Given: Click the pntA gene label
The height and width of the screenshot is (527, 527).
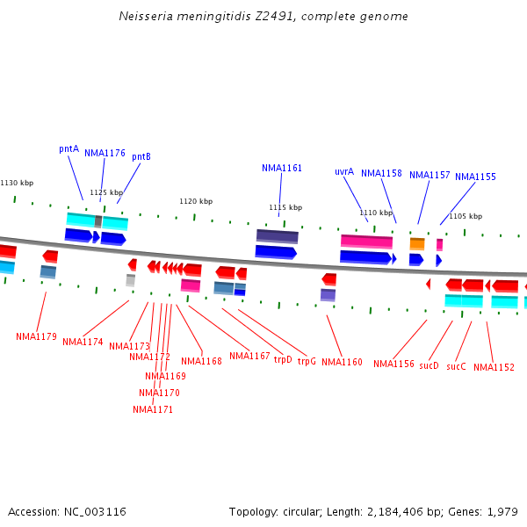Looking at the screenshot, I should pos(69,149).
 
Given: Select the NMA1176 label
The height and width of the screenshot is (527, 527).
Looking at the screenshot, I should pos(105,153).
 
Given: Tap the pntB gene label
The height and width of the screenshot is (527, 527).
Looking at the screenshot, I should pos(141,156).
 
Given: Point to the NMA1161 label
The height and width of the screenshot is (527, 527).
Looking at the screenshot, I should pos(282,168).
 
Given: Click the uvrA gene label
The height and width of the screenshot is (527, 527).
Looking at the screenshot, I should pos(344,171).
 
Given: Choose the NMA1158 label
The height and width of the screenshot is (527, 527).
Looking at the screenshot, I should pos(381,173).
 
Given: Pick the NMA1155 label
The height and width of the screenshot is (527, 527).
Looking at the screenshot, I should pos(475,177).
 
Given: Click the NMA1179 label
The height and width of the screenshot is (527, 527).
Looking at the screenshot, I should pos(36,336).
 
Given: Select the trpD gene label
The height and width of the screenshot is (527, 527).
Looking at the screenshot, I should pos(283,359).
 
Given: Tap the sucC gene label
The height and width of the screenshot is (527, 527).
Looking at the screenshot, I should pos(456,366).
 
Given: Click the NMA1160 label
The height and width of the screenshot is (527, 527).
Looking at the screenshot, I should pos(342,362).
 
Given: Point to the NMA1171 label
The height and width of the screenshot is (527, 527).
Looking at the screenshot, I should pos(153,409).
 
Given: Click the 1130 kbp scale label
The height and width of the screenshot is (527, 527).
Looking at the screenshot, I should pos(17,183).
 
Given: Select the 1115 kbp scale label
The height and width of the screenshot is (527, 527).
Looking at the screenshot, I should pos(285,207).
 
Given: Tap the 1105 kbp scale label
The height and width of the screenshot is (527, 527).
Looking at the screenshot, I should pos(466,216).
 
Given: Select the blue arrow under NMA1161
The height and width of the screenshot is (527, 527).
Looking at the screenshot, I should pos(275,252).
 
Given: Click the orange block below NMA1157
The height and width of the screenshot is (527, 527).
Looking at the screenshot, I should pos(417,243).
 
